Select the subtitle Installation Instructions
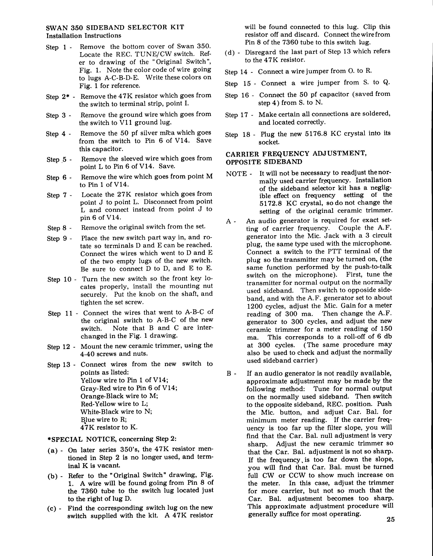click(84, 36)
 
